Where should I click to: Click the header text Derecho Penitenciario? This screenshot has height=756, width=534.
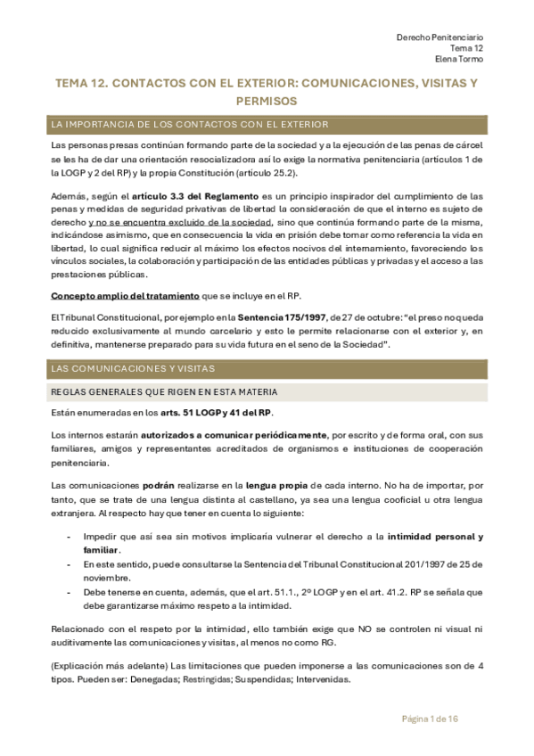click(440, 37)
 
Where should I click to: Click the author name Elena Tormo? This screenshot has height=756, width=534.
click(459, 60)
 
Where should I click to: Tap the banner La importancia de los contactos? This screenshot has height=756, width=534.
click(191, 124)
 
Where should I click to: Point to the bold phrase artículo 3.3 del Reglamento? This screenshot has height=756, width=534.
click(190, 196)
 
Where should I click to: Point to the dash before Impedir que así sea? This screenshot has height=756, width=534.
click(70, 537)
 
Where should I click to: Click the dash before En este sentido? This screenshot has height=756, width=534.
click(70, 564)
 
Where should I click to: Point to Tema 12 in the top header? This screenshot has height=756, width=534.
click(466, 48)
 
